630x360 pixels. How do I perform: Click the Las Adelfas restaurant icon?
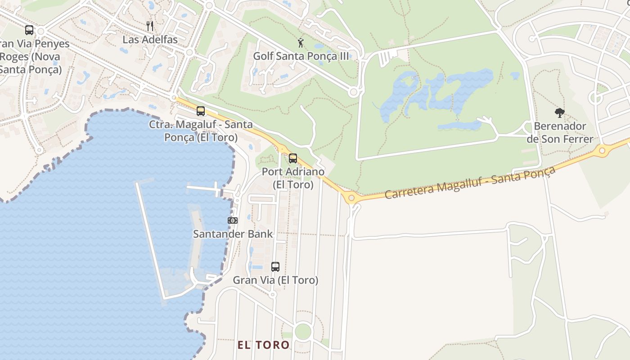coord(150,26)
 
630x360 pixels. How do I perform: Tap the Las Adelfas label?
coord(150,40)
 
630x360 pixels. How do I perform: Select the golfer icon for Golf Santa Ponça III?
coord(301,43)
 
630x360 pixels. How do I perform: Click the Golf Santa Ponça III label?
coord(301,56)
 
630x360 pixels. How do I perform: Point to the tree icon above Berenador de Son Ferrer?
coord(560,112)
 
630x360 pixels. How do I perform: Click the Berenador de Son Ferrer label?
coord(560,132)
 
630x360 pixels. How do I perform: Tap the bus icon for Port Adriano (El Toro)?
coord(293,158)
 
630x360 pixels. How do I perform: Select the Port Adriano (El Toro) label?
coord(293,178)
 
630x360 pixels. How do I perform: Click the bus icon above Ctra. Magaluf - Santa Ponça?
coord(201,111)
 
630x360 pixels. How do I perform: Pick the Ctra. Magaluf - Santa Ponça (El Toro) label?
coord(201,130)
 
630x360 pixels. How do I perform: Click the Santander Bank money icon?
coord(233,220)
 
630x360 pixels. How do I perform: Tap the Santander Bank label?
coord(233,234)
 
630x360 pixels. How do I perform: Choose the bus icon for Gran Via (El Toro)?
coord(275,267)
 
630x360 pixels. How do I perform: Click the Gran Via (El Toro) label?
coord(275,280)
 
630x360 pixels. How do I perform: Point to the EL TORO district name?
coord(264,345)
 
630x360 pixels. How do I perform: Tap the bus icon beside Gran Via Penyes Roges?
coord(29,30)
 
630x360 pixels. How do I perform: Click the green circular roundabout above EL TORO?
coord(303,332)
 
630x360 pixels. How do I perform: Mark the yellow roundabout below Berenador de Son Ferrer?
coord(602,151)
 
